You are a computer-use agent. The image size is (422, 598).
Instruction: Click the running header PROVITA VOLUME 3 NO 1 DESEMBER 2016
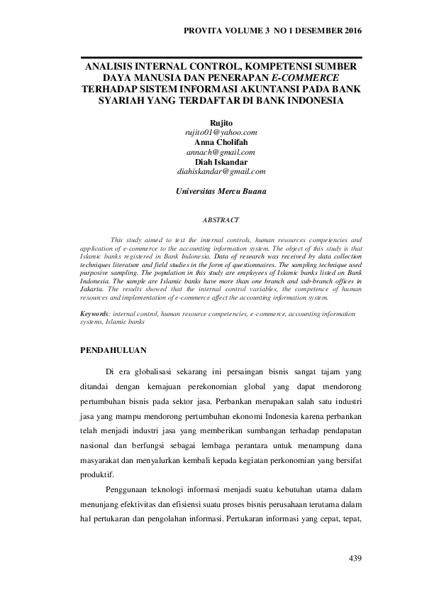pyautogui.click(x=272, y=31)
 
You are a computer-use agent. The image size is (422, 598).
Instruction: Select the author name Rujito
pyautogui.click(x=211, y=124)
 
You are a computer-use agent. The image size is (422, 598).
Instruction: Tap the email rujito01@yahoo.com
pyautogui.click(x=211, y=132)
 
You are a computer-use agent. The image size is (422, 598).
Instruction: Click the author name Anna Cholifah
pyautogui.click(x=211, y=142)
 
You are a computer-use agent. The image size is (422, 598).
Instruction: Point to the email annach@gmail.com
pyautogui.click(x=211, y=152)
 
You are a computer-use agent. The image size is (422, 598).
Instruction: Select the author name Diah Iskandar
pyautogui.click(x=211, y=162)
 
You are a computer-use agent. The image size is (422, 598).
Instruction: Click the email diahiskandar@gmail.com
pyautogui.click(x=211, y=172)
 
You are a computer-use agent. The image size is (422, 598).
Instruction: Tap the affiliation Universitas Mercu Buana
pyautogui.click(x=211, y=191)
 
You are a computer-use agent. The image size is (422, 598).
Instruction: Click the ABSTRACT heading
pyautogui.click(x=211, y=220)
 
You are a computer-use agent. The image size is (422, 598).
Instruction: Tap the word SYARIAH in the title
pyautogui.click(x=123, y=100)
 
